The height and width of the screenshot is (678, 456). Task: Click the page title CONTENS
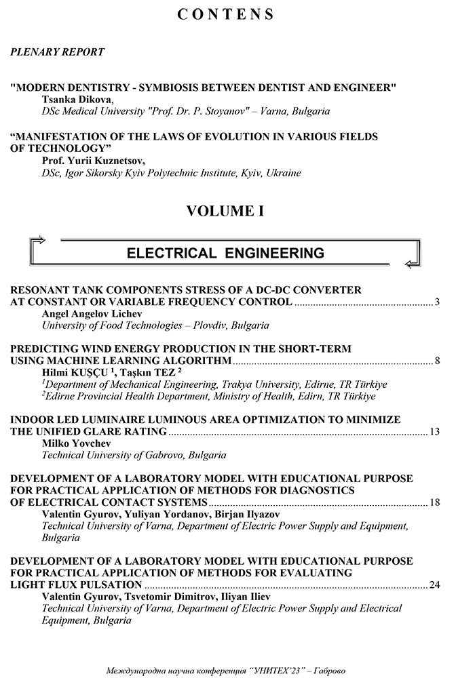(226, 15)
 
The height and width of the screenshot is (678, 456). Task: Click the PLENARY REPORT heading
(58, 52)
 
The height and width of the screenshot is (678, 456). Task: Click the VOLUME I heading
(225, 211)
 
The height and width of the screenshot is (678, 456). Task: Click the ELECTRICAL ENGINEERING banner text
(225, 253)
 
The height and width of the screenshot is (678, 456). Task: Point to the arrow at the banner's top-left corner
(38, 239)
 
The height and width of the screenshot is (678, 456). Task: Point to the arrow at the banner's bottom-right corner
(412, 264)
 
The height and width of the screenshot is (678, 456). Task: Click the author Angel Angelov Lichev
(90, 314)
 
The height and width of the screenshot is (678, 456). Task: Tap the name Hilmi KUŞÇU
(73, 372)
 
